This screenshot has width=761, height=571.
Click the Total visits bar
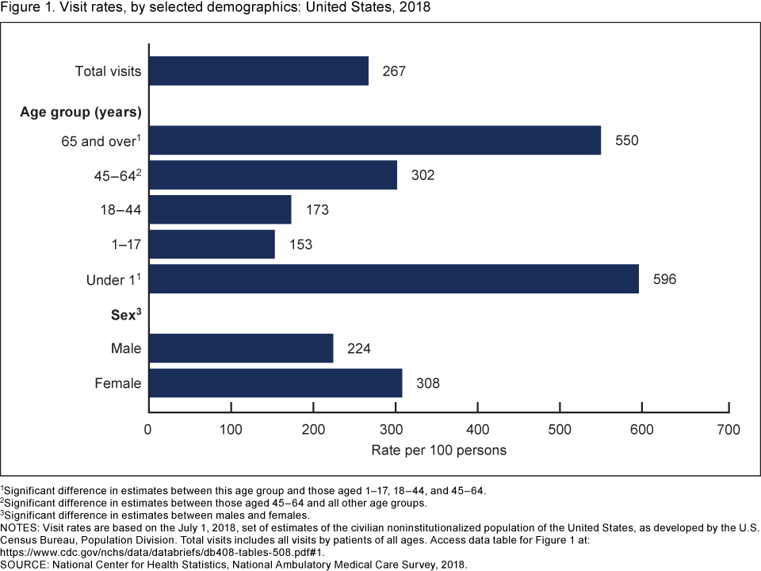(258, 71)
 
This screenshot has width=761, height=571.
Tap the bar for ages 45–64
(273, 174)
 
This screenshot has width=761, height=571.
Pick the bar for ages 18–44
(220, 209)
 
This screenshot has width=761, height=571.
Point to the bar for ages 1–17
(212, 244)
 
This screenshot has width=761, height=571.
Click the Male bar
(241, 348)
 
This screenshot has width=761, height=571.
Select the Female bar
(275, 383)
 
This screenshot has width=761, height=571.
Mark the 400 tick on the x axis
(477, 431)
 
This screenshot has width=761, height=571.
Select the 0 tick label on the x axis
(148, 431)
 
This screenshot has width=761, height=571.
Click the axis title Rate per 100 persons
(438, 450)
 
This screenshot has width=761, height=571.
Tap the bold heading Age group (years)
(81, 111)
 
